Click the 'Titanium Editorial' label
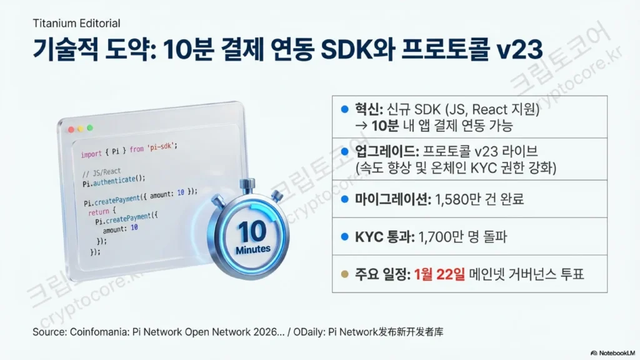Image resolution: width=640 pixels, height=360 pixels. pos(76,23)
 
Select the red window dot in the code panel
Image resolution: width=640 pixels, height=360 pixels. pos(71,129)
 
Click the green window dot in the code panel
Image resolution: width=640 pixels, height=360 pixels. pos(90,127)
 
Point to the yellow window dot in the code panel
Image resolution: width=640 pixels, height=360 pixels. pos(81,129)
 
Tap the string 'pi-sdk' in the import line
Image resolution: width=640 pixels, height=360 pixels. pos(161,147)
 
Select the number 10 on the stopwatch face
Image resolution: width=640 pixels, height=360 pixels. pos(252,231)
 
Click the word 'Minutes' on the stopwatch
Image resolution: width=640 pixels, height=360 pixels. pos(253,249)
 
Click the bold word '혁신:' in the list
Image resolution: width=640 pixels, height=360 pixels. pos(369,109)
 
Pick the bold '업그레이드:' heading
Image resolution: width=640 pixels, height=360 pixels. pos(387,151)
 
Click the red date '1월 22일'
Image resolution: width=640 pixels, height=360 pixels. pos(439,274)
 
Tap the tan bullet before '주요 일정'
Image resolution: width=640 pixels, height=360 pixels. pos(345,274)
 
